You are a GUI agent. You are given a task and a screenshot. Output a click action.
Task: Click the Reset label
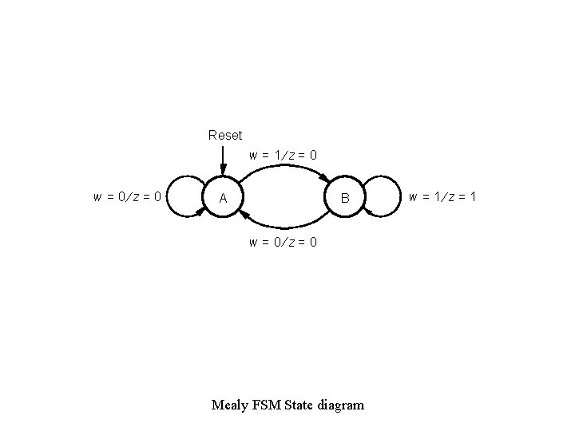[224, 135]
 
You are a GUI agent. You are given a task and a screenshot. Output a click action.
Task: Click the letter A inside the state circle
[224, 197]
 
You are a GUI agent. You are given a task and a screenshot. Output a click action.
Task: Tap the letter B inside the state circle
[345, 197]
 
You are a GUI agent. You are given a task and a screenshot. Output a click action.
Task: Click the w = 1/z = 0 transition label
[283, 155]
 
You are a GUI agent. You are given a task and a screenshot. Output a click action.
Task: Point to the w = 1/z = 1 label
[442, 196]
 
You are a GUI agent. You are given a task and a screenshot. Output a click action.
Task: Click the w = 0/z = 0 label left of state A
[128, 196]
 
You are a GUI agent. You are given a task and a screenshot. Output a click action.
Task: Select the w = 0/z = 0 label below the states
[283, 241]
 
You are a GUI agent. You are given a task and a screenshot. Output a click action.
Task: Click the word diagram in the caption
[340, 405]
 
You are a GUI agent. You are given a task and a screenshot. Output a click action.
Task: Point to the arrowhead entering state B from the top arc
[323, 177]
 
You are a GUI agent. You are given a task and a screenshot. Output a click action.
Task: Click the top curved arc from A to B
[283, 165]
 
